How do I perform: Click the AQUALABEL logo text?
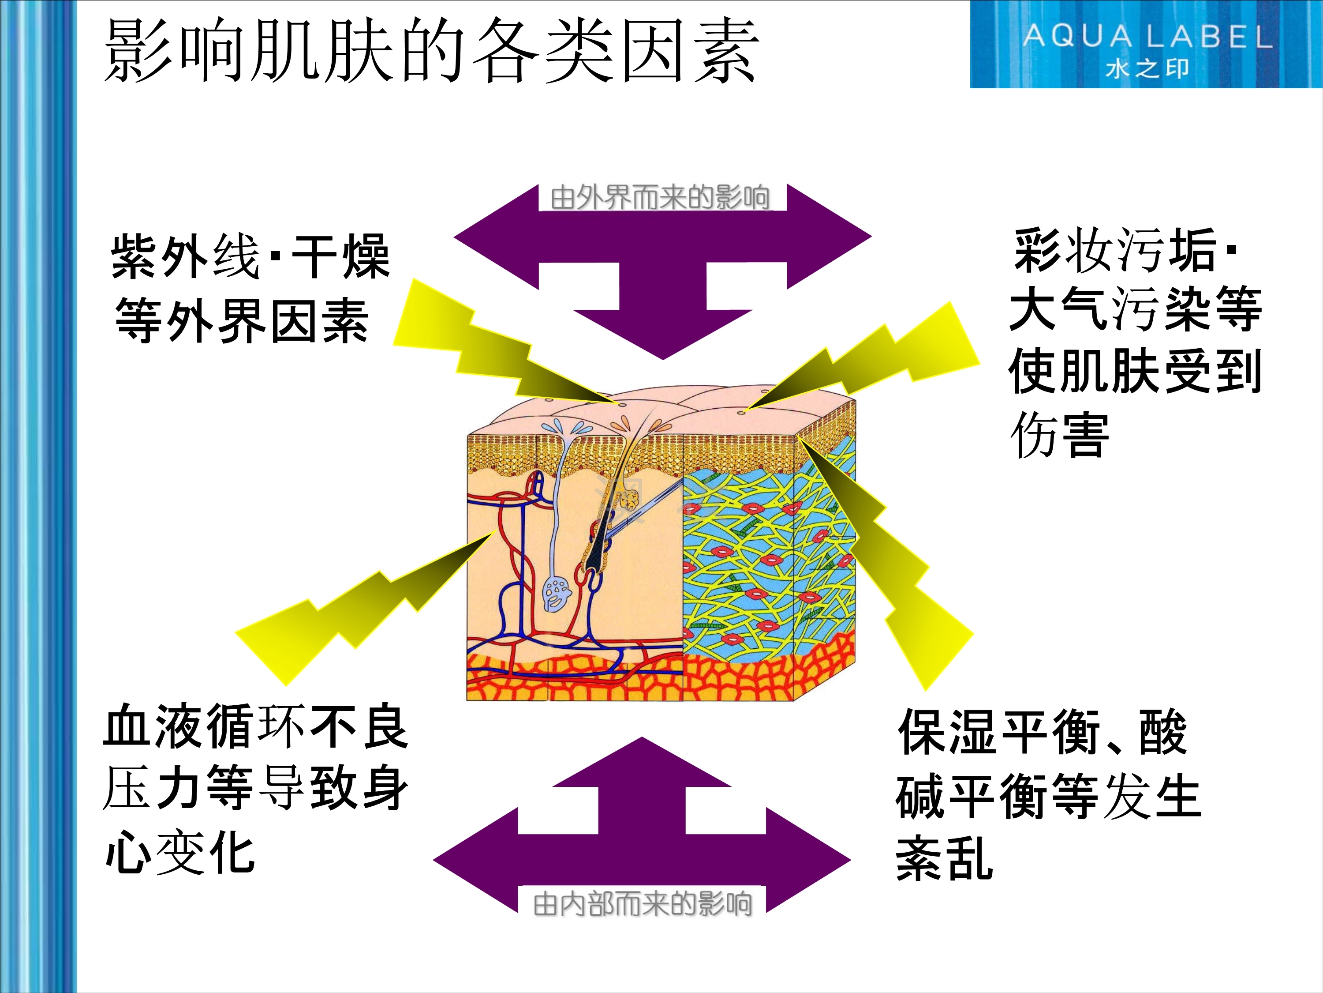click(1147, 37)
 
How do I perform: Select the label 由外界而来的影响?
click(660, 198)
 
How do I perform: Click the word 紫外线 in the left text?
click(185, 256)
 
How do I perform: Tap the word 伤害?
click(1059, 435)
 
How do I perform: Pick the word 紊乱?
click(945, 858)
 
